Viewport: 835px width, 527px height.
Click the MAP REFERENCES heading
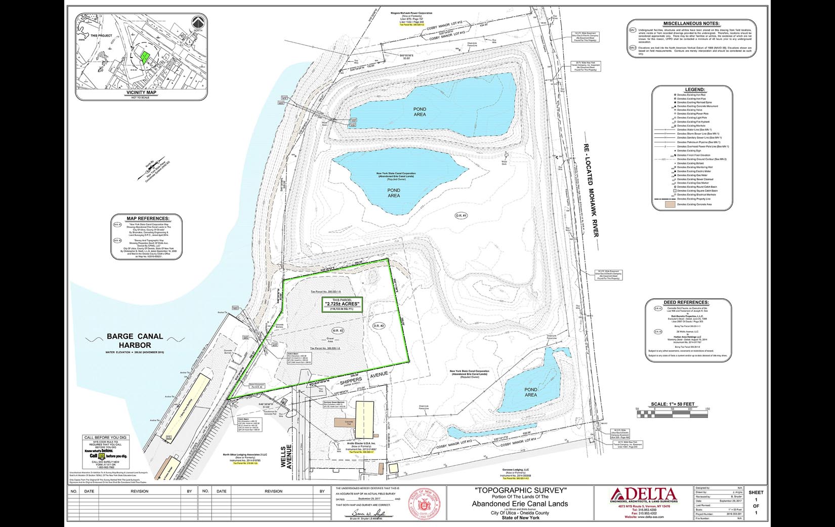141,219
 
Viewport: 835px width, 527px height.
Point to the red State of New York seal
424,503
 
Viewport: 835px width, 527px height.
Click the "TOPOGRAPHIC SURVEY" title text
520,491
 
